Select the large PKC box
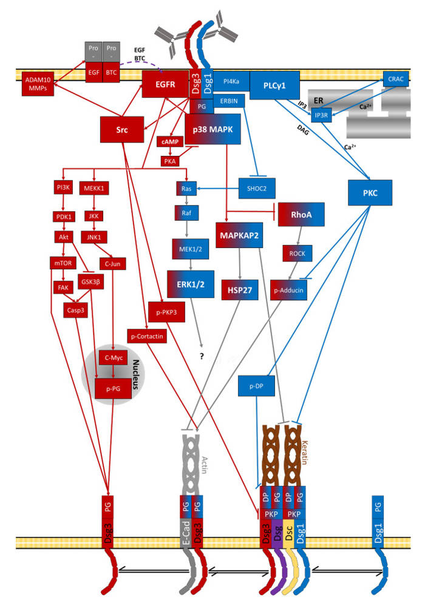click(x=372, y=192)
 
